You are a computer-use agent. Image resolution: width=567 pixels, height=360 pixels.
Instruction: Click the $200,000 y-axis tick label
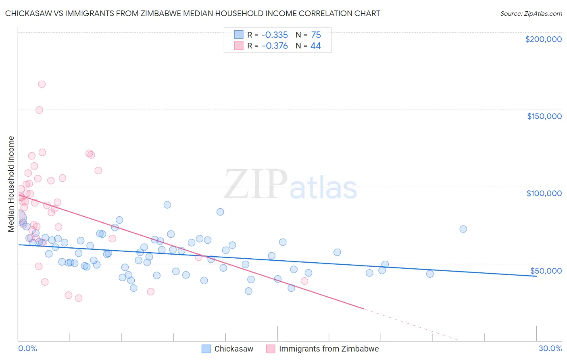coord(543,39)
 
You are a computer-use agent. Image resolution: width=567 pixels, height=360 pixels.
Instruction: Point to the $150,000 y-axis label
coord(544,116)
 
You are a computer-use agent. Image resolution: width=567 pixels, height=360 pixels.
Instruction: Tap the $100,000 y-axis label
coord(544,193)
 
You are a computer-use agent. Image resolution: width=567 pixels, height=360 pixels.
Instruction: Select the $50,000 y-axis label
coord(546,271)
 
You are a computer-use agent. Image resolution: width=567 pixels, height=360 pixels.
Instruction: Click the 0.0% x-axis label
coord(27,348)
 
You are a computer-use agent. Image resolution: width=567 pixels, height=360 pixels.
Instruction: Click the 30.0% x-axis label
coord(550,348)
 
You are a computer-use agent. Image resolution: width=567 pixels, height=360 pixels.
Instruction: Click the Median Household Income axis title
coord(11,184)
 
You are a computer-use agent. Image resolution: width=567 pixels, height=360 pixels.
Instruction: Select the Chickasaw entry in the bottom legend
coord(233,349)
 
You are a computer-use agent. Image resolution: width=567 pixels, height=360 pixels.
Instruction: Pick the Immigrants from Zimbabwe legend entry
coord(329,349)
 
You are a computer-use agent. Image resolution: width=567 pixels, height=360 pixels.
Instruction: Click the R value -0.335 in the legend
coord(275,35)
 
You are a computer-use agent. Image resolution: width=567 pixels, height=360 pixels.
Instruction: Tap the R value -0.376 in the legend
coord(275,46)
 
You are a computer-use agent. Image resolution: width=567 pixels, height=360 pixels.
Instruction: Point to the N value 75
coord(316,35)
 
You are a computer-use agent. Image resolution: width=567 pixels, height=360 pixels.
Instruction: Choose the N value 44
coord(315,46)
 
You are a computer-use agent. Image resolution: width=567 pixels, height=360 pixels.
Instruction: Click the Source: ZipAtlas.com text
coord(531,14)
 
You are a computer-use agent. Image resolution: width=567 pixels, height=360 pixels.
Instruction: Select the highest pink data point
coord(42,84)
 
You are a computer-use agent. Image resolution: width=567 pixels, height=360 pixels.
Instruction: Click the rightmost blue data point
coord(463,229)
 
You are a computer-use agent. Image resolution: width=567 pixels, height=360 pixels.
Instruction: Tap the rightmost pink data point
coord(304,281)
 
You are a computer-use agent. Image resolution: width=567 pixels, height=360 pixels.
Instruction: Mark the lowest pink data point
coord(79,298)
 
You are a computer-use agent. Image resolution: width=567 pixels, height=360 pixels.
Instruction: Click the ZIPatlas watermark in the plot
coord(290,185)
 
